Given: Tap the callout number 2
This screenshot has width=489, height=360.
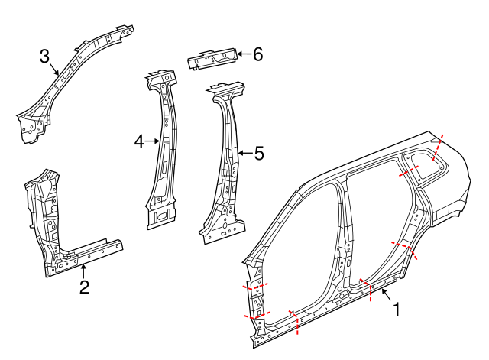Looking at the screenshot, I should pyautogui.click(x=85, y=287).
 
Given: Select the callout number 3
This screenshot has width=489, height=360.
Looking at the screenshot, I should pyautogui.click(x=45, y=56).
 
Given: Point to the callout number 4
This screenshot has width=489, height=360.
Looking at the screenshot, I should pyautogui.click(x=139, y=141).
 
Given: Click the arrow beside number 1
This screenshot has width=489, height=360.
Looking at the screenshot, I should pyautogui.click(x=385, y=295).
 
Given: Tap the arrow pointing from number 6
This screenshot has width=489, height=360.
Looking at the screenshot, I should pyautogui.click(x=241, y=54).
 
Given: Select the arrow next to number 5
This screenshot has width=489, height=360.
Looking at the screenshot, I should pyautogui.click(x=243, y=154).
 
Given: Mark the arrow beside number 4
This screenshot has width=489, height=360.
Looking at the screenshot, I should pyautogui.click(x=153, y=141).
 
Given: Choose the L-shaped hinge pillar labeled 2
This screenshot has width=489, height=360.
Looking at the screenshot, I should pyautogui.click(x=53, y=229).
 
